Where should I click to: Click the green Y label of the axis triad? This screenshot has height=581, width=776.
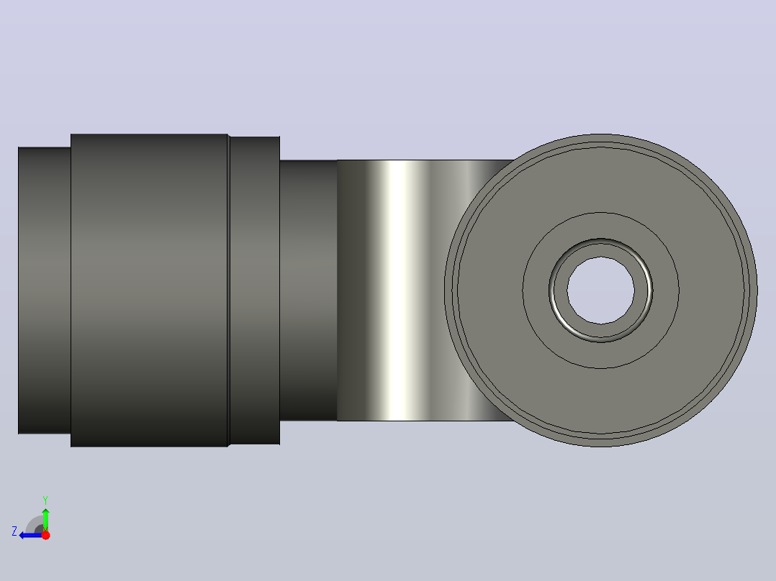[45, 500]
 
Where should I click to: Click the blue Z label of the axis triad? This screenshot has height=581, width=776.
[14, 531]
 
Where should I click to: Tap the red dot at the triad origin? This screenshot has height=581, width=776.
[45, 535]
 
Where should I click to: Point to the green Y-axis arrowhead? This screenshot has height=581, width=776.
[45, 512]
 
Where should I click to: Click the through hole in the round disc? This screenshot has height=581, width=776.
[601, 290]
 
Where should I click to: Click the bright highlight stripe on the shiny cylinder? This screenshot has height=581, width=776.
[402, 290]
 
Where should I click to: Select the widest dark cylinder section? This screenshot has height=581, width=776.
[149, 290]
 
